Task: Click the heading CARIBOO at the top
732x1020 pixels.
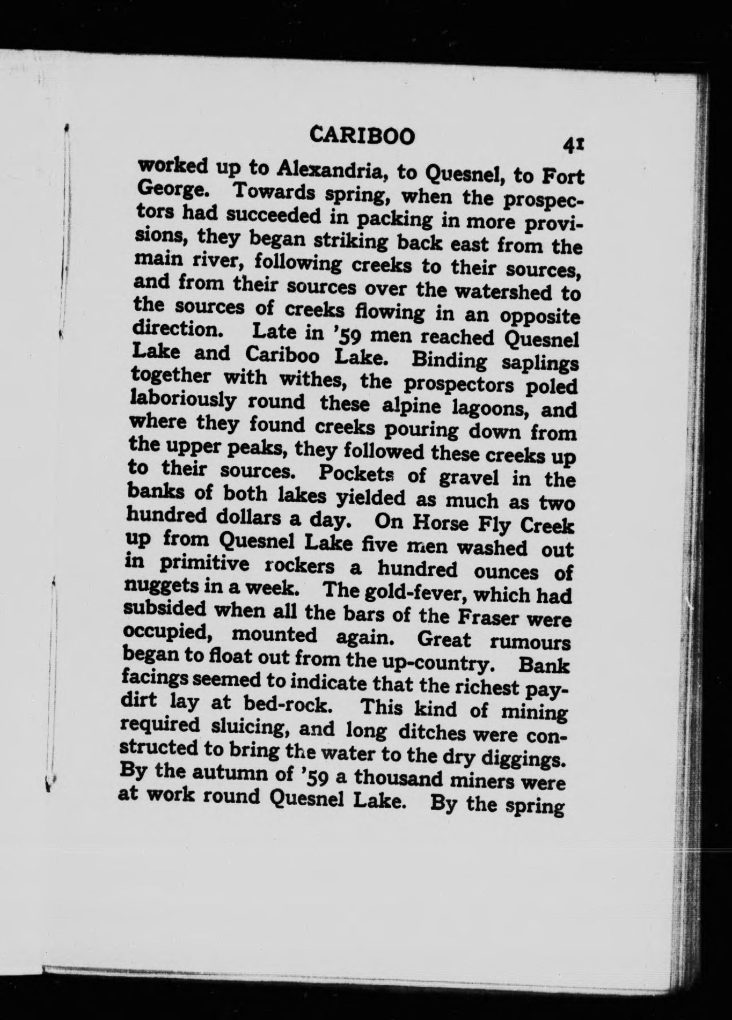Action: point(363,136)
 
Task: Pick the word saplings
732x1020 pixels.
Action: point(540,363)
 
